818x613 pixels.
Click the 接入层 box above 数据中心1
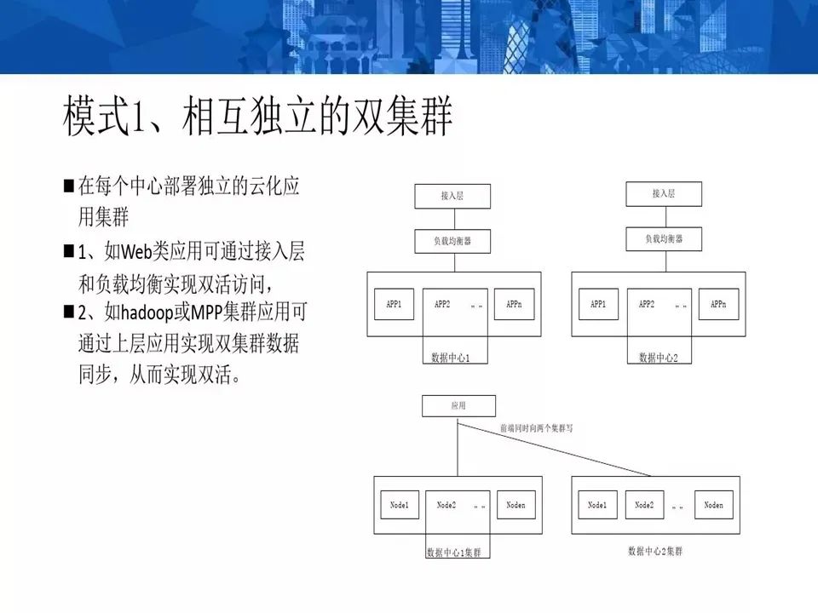(x=452, y=196)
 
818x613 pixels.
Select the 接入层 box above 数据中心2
(x=664, y=193)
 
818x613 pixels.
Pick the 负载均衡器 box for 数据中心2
(x=664, y=239)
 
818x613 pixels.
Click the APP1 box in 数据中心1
(x=395, y=304)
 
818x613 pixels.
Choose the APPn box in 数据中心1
(x=514, y=304)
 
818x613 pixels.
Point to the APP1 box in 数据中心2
(x=599, y=304)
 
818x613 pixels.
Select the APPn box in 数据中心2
(x=718, y=304)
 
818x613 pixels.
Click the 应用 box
(x=458, y=406)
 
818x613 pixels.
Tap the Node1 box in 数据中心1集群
(x=400, y=506)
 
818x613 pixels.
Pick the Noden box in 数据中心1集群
(x=516, y=506)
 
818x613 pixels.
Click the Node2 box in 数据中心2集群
(x=645, y=506)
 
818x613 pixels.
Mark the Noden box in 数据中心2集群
(x=714, y=506)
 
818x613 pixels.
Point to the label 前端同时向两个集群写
(x=536, y=428)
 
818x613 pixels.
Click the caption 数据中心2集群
(x=654, y=551)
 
